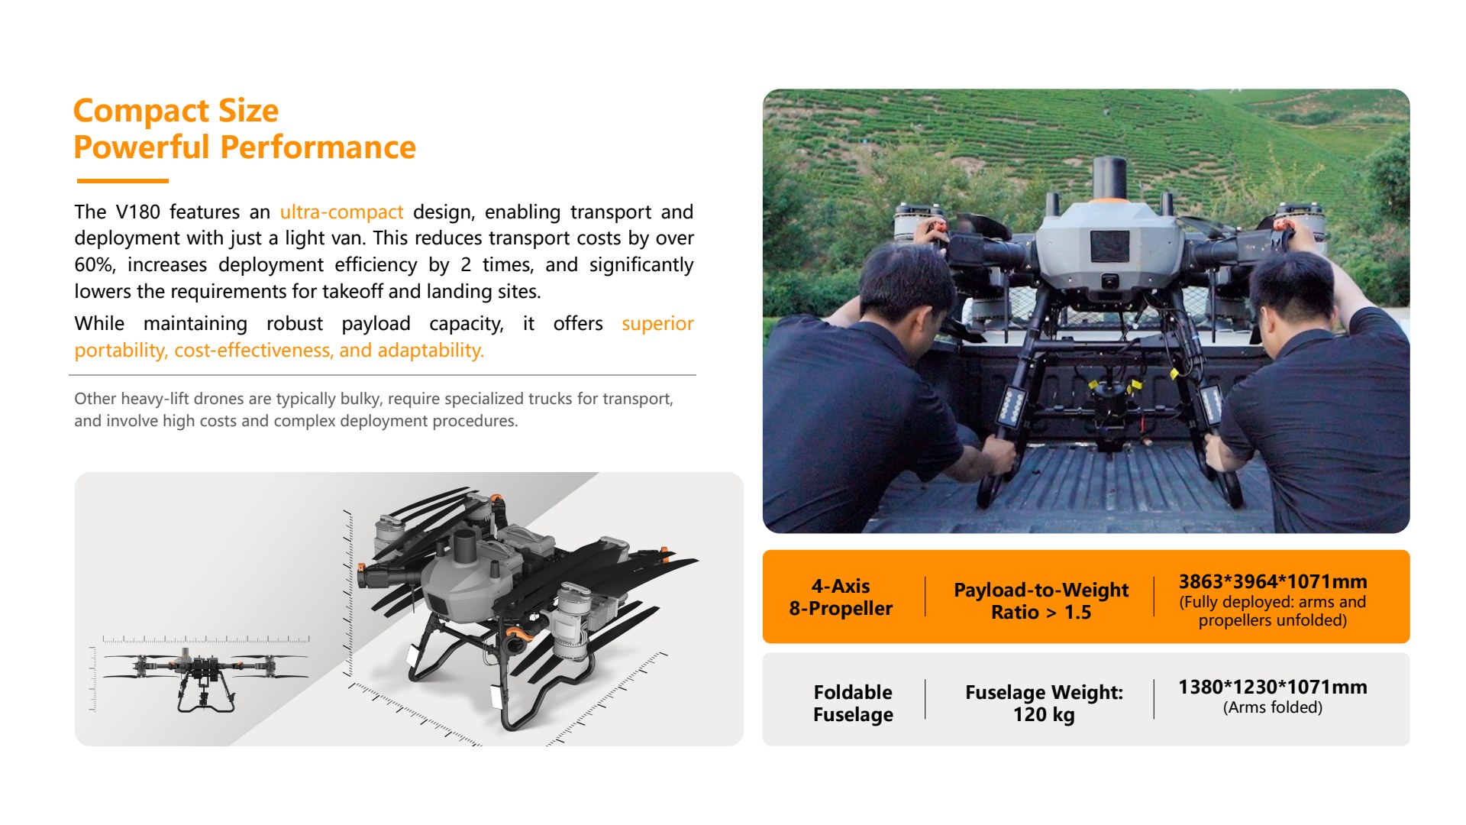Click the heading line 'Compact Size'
pyautogui.click(x=176, y=112)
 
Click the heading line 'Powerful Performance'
pyautogui.click(x=244, y=147)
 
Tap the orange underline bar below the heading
pyautogui.click(x=122, y=181)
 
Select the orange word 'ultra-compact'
pyautogui.click(x=341, y=212)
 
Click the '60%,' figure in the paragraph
pyautogui.click(x=95, y=265)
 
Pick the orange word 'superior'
pyautogui.click(x=657, y=324)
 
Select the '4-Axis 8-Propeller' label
pyautogui.click(x=841, y=597)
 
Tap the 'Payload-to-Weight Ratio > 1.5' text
pyautogui.click(x=1041, y=600)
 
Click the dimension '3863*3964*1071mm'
pyautogui.click(x=1273, y=581)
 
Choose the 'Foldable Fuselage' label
pyautogui.click(x=853, y=704)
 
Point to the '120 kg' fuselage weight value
pyautogui.click(x=1044, y=715)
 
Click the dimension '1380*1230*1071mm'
pyautogui.click(x=1273, y=687)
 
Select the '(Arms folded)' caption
pyautogui.click(x=1273, y=707)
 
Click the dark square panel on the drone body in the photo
pyautogui.click(x=1109, y=246)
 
